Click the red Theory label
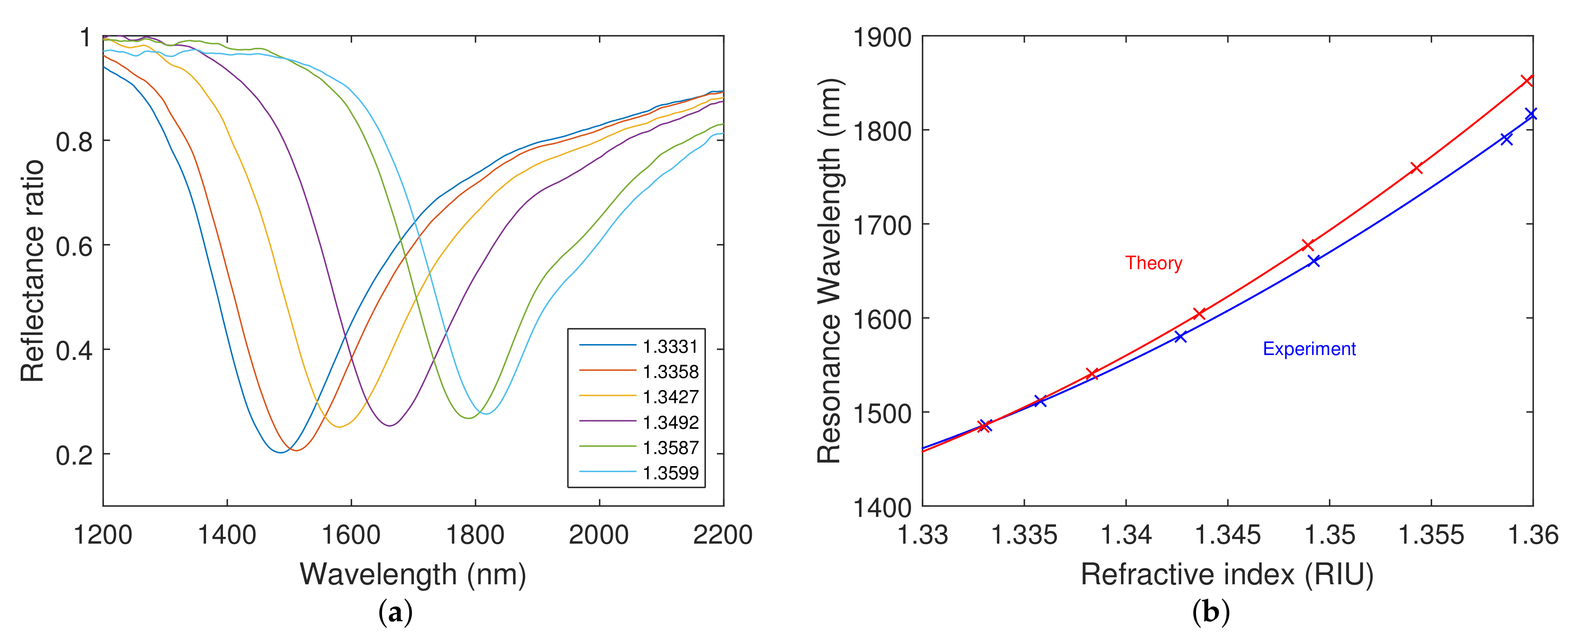[x=1153, y=263]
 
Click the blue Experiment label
[x=1309, y=349]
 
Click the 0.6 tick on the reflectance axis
[x=74, y=246]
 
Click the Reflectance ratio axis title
[x=33, y=271]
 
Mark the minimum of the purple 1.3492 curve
[x=389, y=425]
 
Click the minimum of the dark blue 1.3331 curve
[x=280, y=452]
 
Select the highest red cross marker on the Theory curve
[x=1527, y=81]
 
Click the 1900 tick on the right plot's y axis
[x=881, y=38]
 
